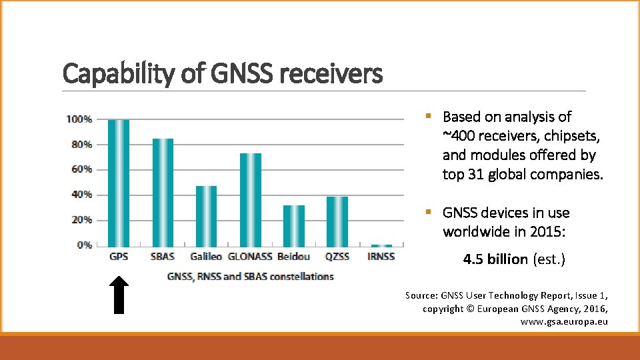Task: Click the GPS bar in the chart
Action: pyautogui.click(x=119, y=182)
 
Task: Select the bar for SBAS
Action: pyautogui.click(x=163, y=192)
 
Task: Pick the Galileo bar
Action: pyautogui.click(x=206, y=215)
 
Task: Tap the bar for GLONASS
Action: pyautogui.click(x=250, y=199)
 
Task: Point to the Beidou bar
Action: pyautogui.click(x=293, y=225)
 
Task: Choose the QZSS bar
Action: pyautogui.click(x=337, y=221)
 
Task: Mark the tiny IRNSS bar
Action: pyautogui.click(x=381, y=245)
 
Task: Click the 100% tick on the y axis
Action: pyautogui.click(x=79, y=119)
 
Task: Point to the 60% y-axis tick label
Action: pyautogui.click(x=81, y=169)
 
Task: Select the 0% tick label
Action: pyautogui.click(x=84, y=245)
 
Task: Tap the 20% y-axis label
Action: pyautogui.click(x=81, y=220)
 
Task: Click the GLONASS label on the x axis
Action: pyautogui.click(x=250, y=257)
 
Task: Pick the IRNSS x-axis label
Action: pyautogui.click(x=381, y=257)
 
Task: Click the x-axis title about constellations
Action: pyautogui.click(x=250, y=276)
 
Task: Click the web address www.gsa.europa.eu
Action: pyautogui.click(x=564, y=322)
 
